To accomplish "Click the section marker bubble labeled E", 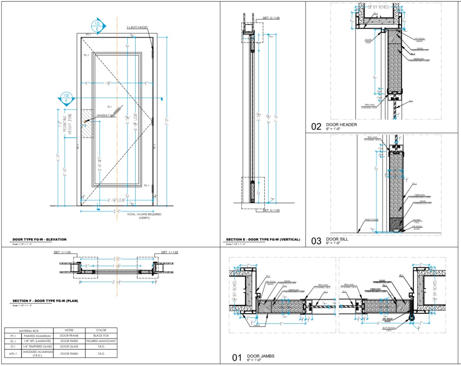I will (97, 26).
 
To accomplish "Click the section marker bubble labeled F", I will (66, 98).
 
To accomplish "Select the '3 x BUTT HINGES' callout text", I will (137, 27).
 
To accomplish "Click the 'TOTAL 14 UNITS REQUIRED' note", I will (144, 215).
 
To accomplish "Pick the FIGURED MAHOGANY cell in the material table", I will (101, 341).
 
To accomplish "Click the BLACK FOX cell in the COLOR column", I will (101, 335).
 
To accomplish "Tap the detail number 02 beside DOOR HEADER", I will (316, 126).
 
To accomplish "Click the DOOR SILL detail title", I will (337, 239).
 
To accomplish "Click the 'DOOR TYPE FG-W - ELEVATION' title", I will (40, 239).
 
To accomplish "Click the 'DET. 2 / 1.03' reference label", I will (272, 18).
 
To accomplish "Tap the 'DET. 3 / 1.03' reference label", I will (272, 211).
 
